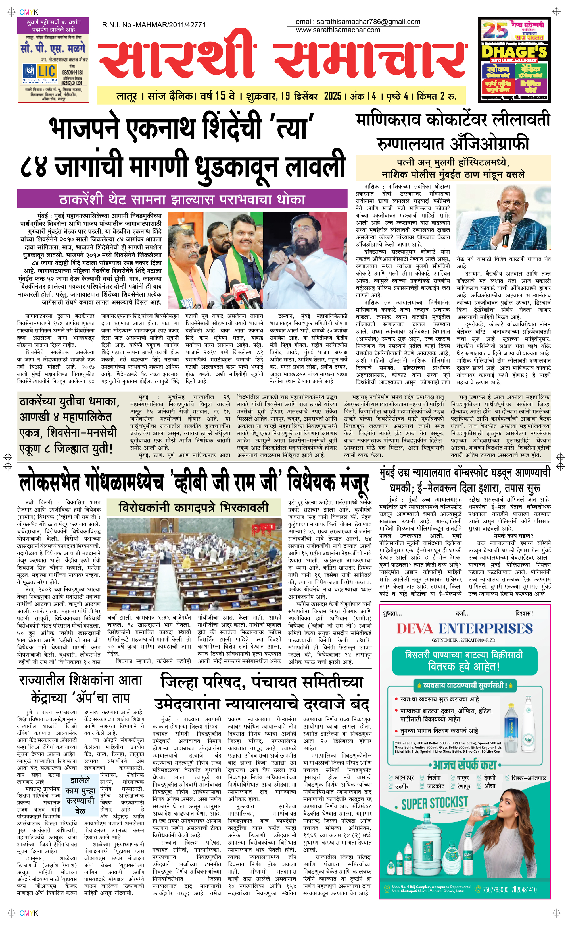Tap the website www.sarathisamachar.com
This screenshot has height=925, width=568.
(338, 30)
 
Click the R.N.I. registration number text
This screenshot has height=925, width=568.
(154, 25)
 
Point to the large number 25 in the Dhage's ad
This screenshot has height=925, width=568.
(495, 30)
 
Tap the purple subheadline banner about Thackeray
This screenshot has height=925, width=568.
(182, 199)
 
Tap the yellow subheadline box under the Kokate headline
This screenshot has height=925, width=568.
(453, 168)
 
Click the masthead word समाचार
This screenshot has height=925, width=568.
(370, 60)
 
